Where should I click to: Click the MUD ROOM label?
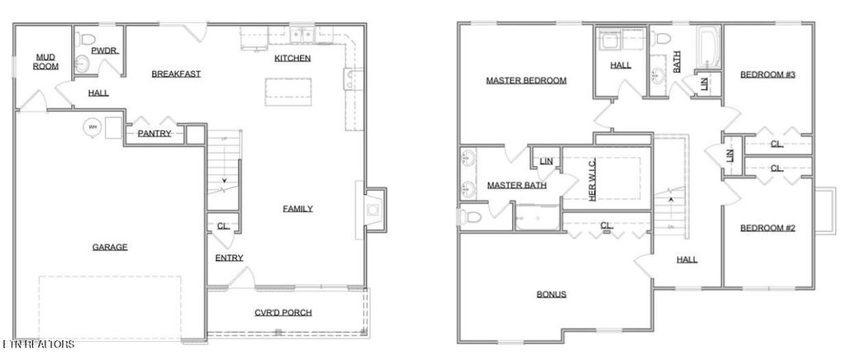tap(45, 61)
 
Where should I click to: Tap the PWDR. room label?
tap(104, 50)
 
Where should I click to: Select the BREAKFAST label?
tap(176, 73)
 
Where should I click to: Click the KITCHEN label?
tap(292, 58)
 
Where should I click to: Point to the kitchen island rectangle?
tap(289, 91)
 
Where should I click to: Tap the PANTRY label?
tap(154, 133)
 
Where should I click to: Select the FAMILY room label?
tap(297, 208)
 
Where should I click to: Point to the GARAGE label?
tap(109, 246)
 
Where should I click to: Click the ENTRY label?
tap(229, 258)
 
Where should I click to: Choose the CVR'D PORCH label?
tap(283, 312)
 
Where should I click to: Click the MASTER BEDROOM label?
tap(525, 80)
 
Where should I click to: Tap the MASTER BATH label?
tap(516, 185)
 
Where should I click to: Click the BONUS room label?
tap(551, 294)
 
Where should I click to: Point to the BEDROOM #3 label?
tap(767, 74)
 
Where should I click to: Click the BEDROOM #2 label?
tap(767, 228)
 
